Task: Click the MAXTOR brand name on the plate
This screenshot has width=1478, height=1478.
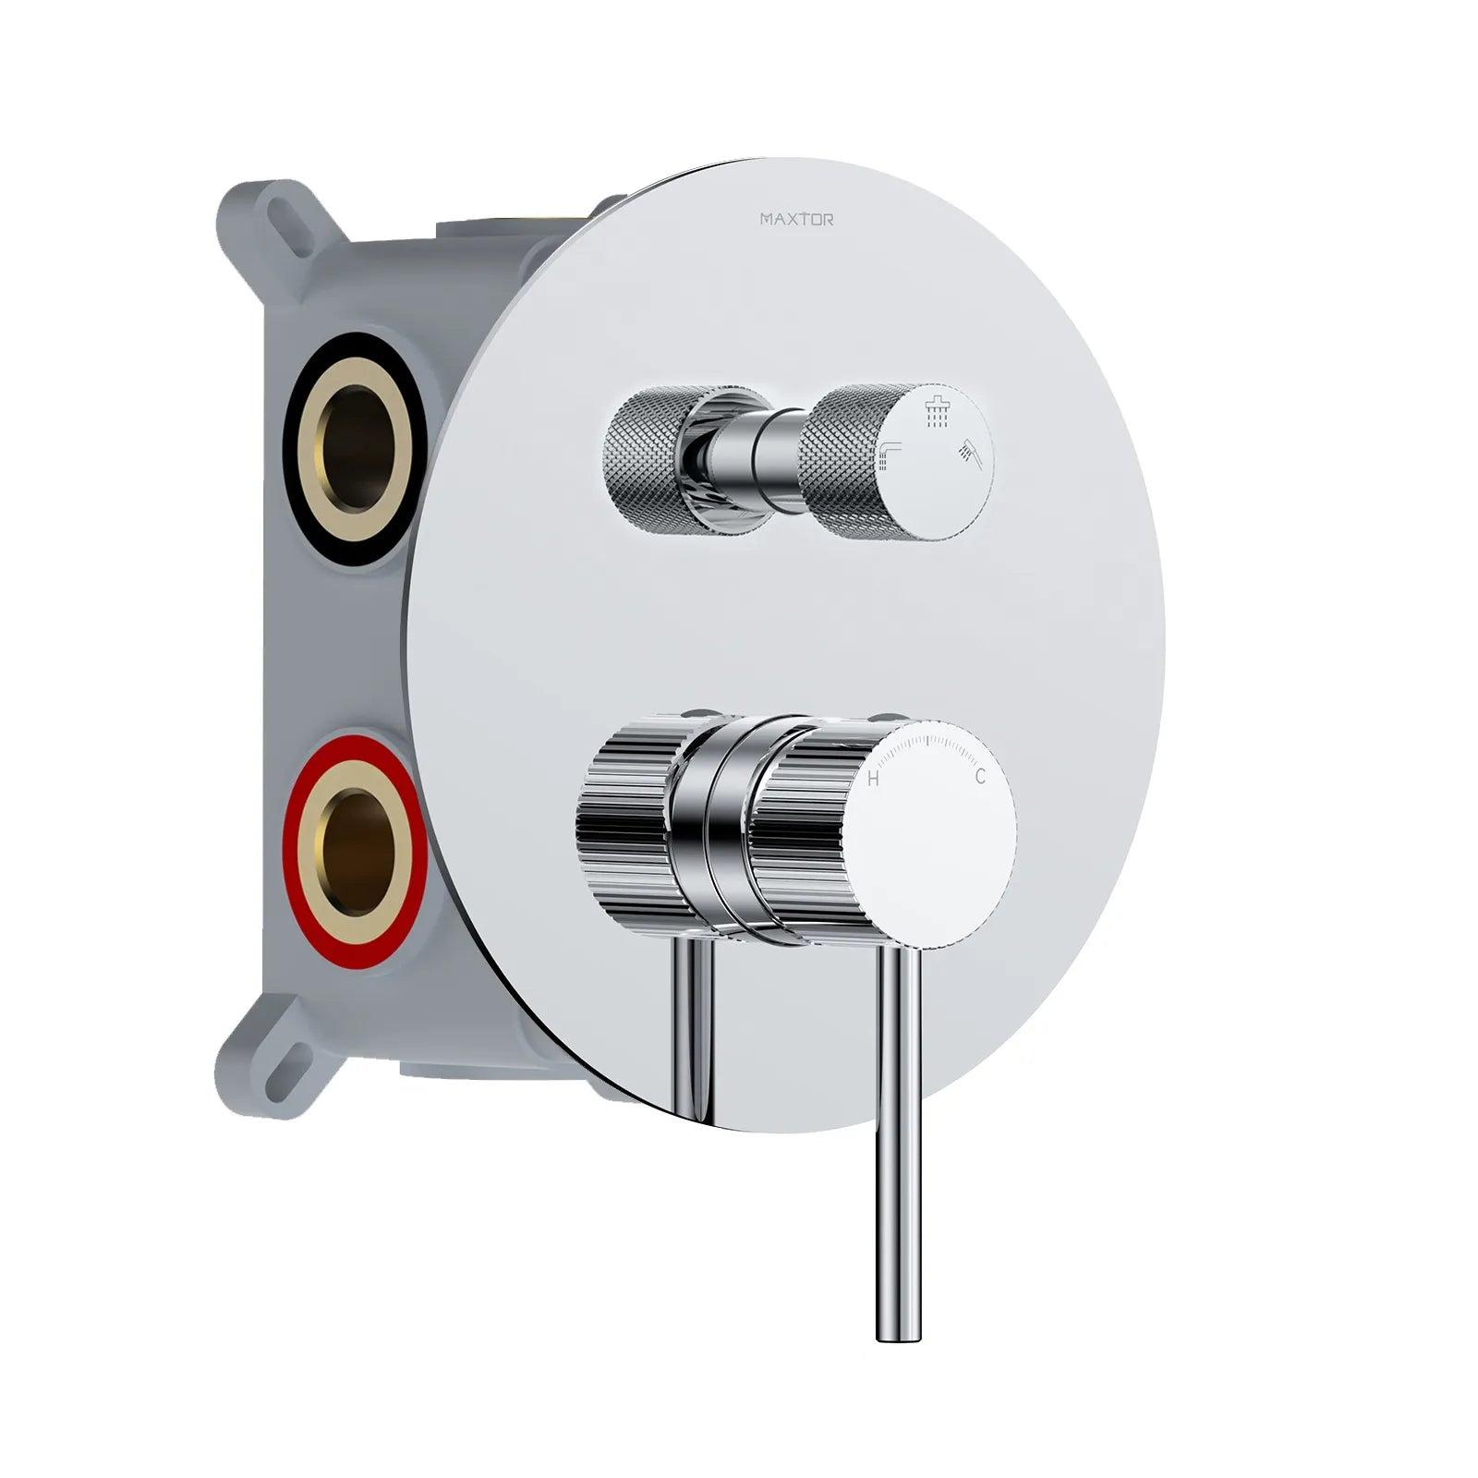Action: pyautogui.click(x=796, y=220)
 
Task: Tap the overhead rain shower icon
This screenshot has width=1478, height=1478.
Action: pyautogui.click(x=938, y=413)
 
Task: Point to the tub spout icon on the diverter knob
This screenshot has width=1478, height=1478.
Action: pyautogui.click(x=890, y=454)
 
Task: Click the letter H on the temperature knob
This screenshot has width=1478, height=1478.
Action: pyautogui.click(x=873, y=780)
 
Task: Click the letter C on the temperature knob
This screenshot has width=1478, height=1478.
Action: pyautogui.click(x=980, y=777)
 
